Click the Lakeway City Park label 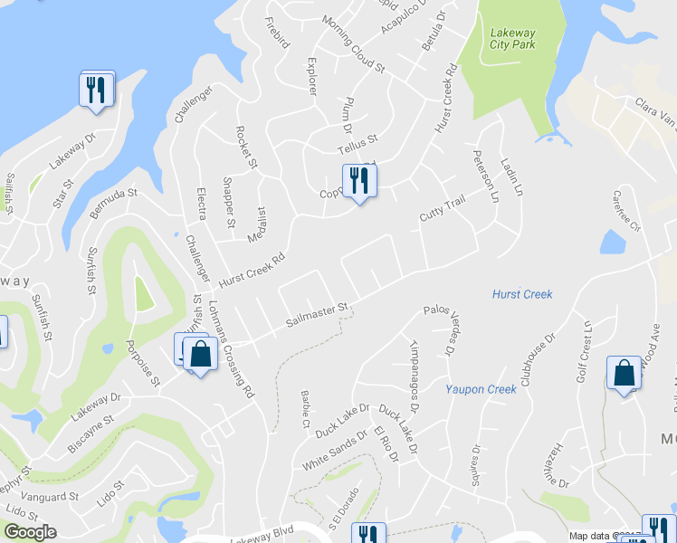tap(512, 38)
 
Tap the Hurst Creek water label tap(522, 294)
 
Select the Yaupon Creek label tap(481, 389)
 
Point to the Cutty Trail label tap(442, 210)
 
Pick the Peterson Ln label tap(484, 176)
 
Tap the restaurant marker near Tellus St tap(359, 183)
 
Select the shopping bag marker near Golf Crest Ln tap(625, 375)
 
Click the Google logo tap(29, 532)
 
